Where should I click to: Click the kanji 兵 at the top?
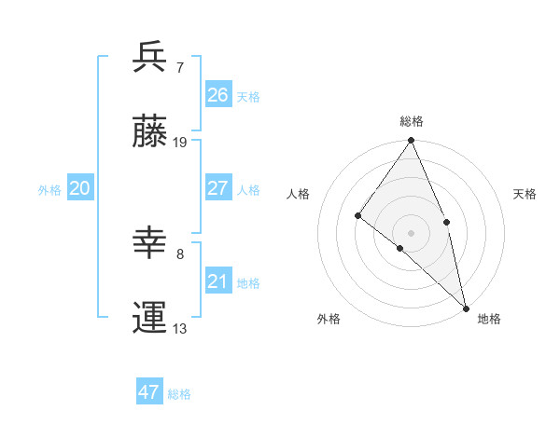point(149,58)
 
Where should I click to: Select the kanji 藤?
point(149,134)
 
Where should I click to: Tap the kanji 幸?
point(149,243)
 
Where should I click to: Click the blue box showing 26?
point(217,94)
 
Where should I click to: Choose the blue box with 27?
point(217,188)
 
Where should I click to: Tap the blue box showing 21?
point(217,281)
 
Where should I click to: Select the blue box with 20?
point(79,188)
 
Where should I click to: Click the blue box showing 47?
point(148,392)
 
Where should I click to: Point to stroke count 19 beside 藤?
point(180,143)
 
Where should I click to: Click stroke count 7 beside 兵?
point(180,67)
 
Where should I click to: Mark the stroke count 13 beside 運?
point(180,329)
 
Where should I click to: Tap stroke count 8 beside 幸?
point(180,253)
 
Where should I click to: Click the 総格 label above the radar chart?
point(412,121)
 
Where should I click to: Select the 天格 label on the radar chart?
point(525,194)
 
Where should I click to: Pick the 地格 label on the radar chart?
point(489,319)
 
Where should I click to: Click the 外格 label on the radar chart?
point(329,319)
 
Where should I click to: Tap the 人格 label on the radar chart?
point(299,194)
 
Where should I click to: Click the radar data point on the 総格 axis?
point(412,142)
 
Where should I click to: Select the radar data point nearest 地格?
point(466,307)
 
